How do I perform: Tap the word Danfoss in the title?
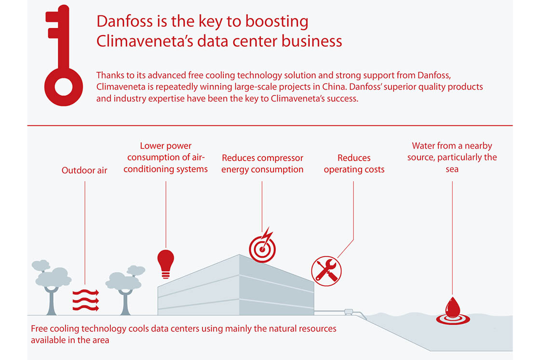point(124,21)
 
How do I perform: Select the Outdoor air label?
point(84,171)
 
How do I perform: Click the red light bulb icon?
point(166,264)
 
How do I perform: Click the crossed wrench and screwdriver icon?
point(326,271)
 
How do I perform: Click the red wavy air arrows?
point(86,300)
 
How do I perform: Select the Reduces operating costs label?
point(354,163)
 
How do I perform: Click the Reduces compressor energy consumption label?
point(262,163)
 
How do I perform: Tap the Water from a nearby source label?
point(452,157)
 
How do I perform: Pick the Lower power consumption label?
point(166,157)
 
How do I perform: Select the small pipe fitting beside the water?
point(349,312)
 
